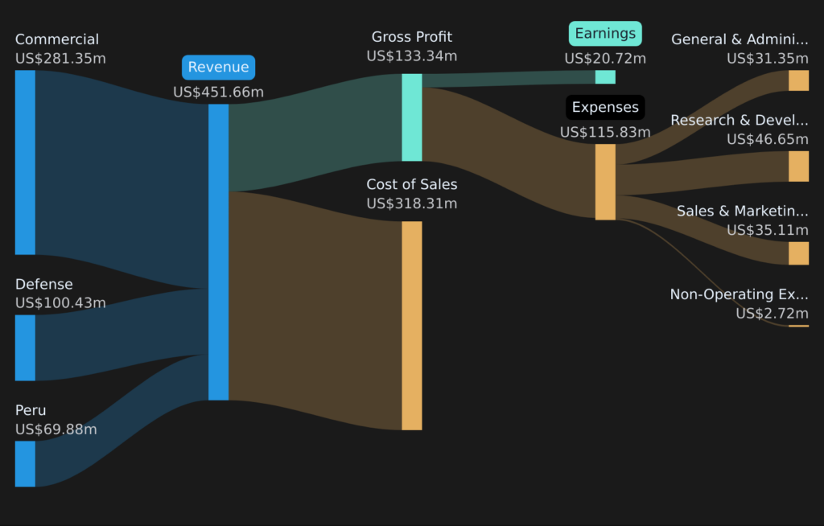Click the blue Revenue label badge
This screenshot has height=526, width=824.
coord(218,68)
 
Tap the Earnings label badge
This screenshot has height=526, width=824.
coord(605,34)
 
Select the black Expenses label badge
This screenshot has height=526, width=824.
coord(605,107)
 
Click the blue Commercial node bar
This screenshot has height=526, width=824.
coord(25,162)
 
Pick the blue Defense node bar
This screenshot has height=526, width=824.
coord(25,347)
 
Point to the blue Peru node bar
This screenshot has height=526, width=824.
coord(25,463)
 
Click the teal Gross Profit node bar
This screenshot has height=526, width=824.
coord(411,117)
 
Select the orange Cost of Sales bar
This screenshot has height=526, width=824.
coord(411,325)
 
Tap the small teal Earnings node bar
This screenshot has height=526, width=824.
coord(605,77)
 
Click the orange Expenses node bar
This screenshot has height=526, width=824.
coord(605,182)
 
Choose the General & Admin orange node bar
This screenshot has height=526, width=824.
coord(798,80)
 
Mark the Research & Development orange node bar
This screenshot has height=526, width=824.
coord(798,166)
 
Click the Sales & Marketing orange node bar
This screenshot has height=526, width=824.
coord(798,253)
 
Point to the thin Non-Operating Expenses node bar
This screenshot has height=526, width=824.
coord(798,326)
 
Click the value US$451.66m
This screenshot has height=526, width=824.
coord(218,92)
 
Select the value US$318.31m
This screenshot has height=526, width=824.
coord(411,203)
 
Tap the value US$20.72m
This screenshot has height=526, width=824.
coord(605,59)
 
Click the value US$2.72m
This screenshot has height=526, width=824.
coord(772,314)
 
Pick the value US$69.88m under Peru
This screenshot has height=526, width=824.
coord(56,429)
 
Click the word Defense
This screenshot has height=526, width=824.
coord(43,284)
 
